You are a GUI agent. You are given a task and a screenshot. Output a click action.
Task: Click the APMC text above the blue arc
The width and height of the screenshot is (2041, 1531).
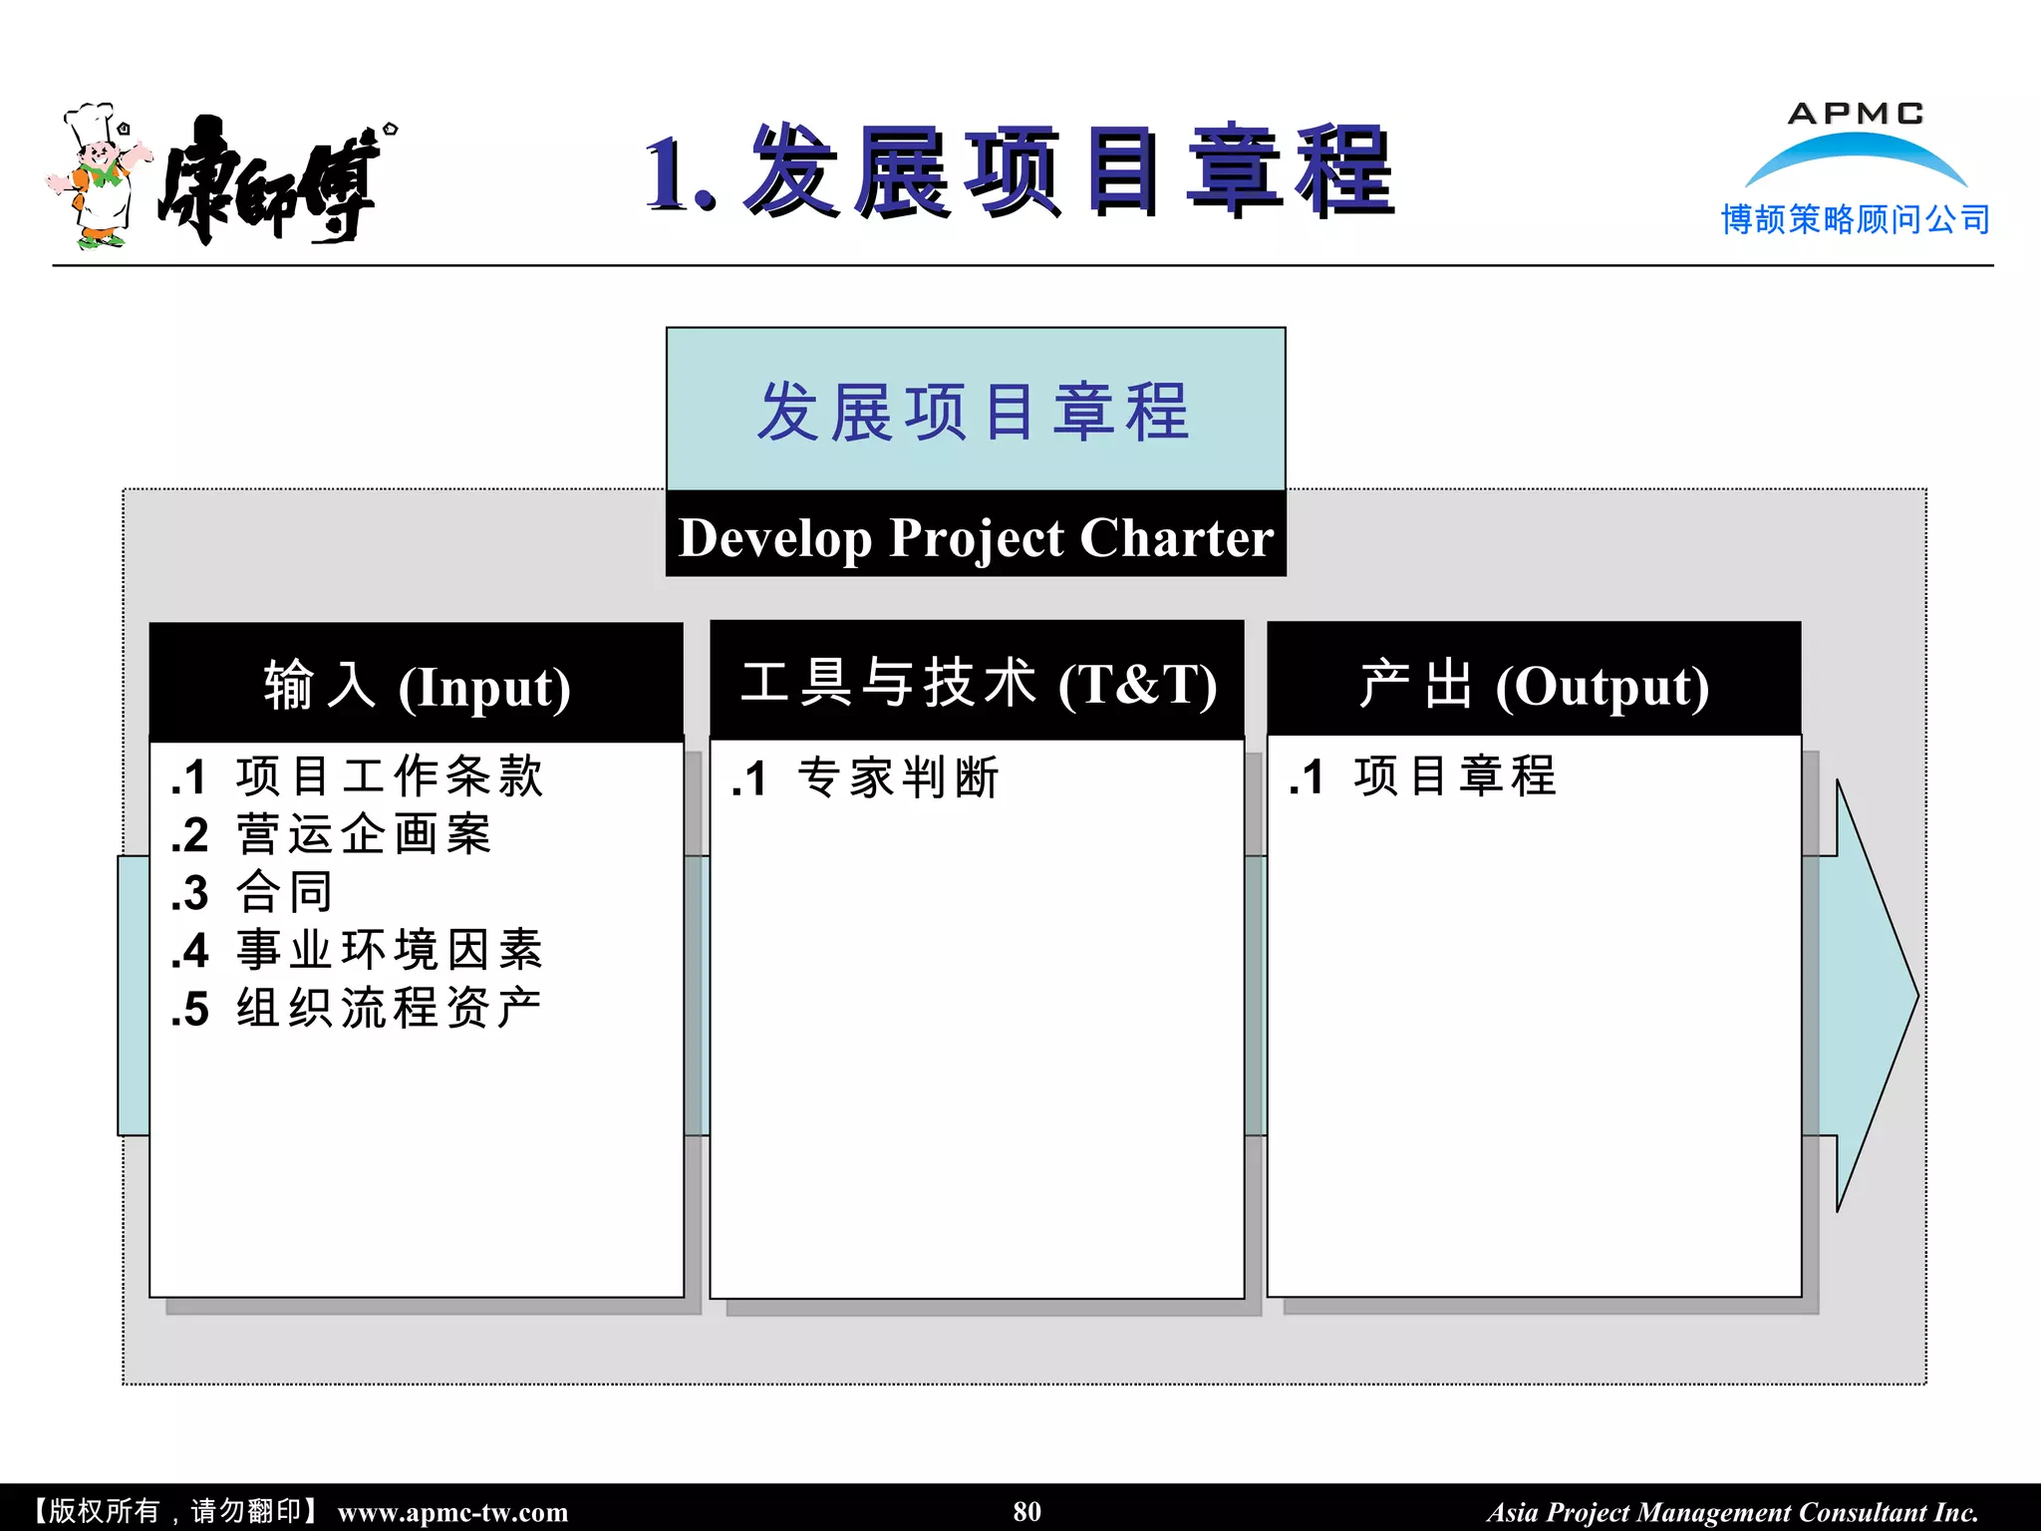[x=1855, y=114]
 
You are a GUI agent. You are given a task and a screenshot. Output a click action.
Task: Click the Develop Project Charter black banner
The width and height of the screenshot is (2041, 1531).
[x=976, y=537]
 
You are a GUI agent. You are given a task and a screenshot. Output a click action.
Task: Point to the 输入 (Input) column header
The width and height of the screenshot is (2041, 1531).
[x=417, y=686]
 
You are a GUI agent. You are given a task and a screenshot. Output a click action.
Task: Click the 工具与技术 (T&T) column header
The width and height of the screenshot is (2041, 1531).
[x=978, y=684]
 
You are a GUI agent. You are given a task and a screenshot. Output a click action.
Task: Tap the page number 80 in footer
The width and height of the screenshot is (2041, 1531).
[x=1026, y=1511]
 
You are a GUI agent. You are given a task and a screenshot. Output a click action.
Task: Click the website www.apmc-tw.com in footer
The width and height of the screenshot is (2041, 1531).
[x=452, y=1512]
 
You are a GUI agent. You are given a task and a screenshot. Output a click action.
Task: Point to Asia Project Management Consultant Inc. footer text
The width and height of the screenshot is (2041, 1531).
[x=1732, y=1512]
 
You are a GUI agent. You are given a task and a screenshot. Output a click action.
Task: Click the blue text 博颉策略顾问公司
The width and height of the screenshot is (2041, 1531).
[x=1855, y=219]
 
